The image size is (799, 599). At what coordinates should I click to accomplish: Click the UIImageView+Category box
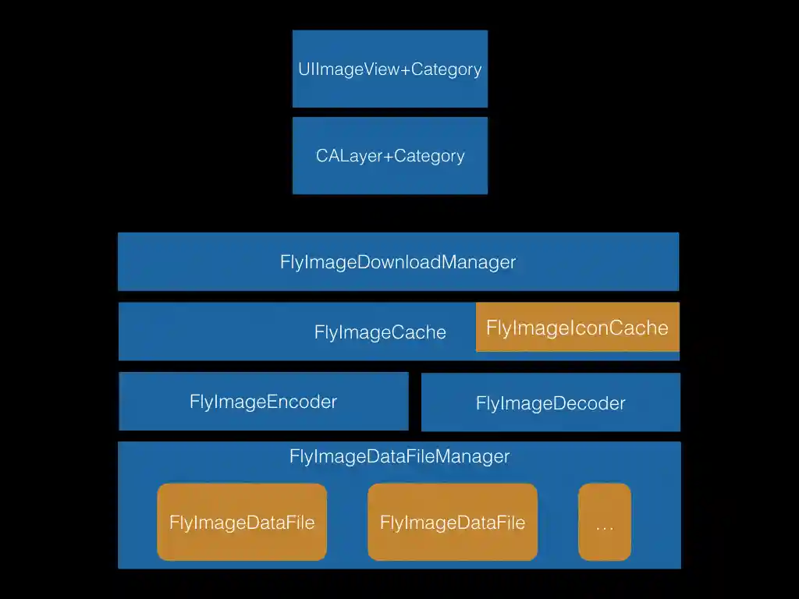tap(389, 69)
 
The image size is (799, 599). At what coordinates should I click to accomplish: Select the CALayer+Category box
tap(389, 155)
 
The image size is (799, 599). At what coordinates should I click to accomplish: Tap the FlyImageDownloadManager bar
tap(398, 261)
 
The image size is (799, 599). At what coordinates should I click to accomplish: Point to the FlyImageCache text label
tap(380, 332)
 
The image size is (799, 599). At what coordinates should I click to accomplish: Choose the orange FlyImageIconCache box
tap(577, 328)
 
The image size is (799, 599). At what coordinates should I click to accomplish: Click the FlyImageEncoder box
tap(264, 402)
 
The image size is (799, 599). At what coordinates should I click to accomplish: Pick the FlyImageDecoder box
tap(550, 403)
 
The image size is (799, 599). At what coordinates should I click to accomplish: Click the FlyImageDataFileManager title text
tap(399, 456)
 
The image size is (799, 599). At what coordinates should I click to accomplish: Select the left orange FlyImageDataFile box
tap(242, 522)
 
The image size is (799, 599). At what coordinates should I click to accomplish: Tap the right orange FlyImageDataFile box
tap(453, 522)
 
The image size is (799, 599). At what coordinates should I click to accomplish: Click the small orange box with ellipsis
tap(604, 522)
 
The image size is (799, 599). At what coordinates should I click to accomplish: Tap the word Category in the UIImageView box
tap(446, 69)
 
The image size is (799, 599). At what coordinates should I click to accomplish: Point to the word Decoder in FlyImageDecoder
tap(589, 403)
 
